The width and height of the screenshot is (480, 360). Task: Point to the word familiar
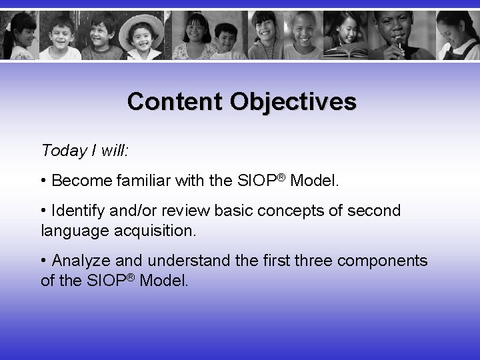click(x=136, y=181)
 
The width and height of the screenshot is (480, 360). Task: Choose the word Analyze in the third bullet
click(x=79, y=259)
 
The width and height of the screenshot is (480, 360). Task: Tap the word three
click(x=313, y=259)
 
